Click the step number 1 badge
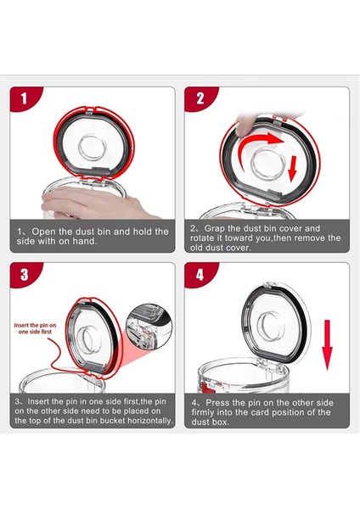(24, 98)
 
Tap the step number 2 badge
(199, 98)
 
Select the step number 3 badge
(24, 274)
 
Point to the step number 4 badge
(199, 274)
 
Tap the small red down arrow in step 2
(293, 169)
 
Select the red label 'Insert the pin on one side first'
(35, 328)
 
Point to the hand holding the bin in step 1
(94, 204)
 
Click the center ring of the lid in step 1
(93, 148)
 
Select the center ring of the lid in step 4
(269, 326)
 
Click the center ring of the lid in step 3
(86, 340)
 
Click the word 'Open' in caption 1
(44, 232)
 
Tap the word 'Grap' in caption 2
(215, 229)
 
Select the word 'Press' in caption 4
(217, 403)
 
